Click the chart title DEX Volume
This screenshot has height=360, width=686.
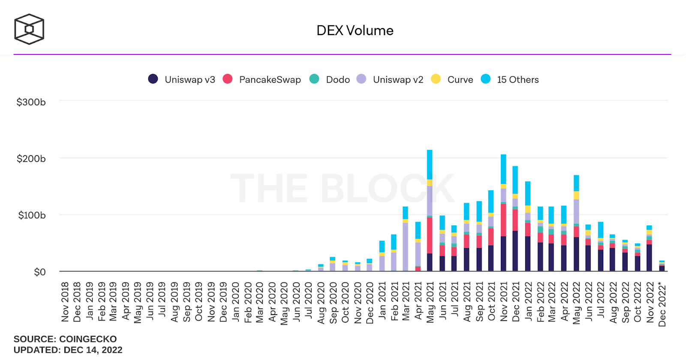[x=355, y=30]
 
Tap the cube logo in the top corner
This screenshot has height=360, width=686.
[x=29, y=29]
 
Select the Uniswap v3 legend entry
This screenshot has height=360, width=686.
[x=182, y=79]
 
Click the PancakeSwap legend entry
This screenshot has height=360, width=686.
[x=262, y=79]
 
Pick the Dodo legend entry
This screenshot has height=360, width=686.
[x=330, y=79]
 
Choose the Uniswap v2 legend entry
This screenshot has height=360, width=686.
[x=390, y=79]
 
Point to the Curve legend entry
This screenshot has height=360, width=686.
[x=452, y=79]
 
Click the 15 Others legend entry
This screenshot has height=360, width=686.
[x=510, y=79]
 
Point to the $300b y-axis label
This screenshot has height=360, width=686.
[x=31, y=102]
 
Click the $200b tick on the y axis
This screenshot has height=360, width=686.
[x=31, y=159]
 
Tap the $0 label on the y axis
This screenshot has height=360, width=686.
[x=40, y=272]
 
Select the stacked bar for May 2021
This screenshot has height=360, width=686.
[x=430, y=210]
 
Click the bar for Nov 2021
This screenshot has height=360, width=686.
[x=503, y=213]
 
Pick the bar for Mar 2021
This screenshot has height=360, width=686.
[x=405, y=239]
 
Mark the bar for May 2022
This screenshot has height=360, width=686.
[x=576, y=223]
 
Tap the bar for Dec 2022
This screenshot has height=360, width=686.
[x=662, y=266]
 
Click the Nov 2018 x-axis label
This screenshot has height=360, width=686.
[x=65, y=302]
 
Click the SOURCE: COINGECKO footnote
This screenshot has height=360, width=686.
[x=65, y=339]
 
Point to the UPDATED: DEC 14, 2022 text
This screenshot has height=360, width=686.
[x=68, y=350]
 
